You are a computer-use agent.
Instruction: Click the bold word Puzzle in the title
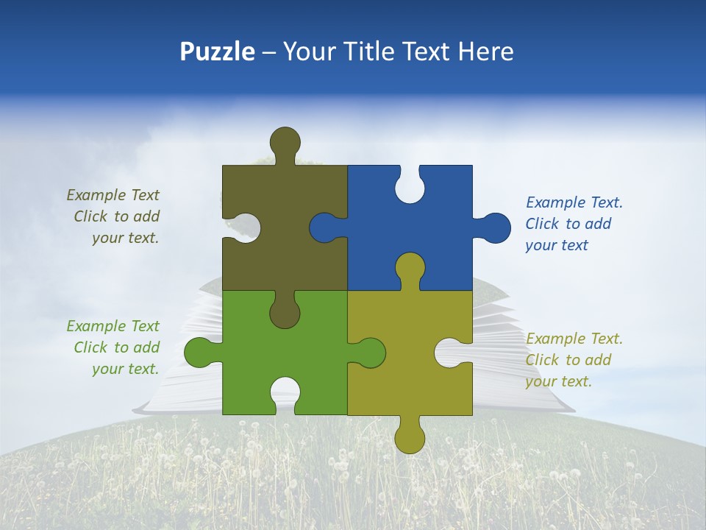pos(218,52)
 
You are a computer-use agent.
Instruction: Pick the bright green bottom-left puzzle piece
pos(243,353)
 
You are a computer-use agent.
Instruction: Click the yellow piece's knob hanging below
pos(410,437)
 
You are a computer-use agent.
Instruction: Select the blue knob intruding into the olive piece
pos(324,227)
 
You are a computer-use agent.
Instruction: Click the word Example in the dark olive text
pos(96,195)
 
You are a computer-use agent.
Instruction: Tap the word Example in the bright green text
pos(96,326)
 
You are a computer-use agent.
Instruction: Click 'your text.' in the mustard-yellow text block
pos(558,381)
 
